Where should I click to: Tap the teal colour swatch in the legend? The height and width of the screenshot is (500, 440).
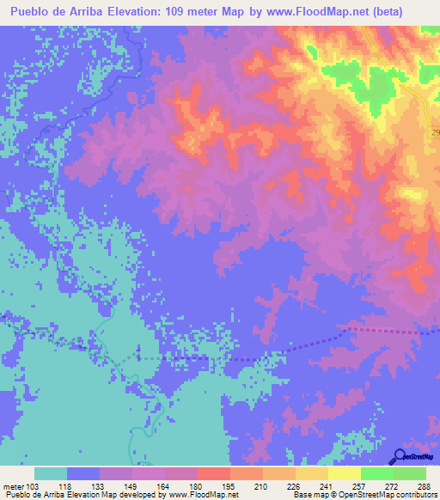50,474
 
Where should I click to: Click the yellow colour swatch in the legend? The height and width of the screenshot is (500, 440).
344,474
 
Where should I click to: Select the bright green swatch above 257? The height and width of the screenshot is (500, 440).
376,474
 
